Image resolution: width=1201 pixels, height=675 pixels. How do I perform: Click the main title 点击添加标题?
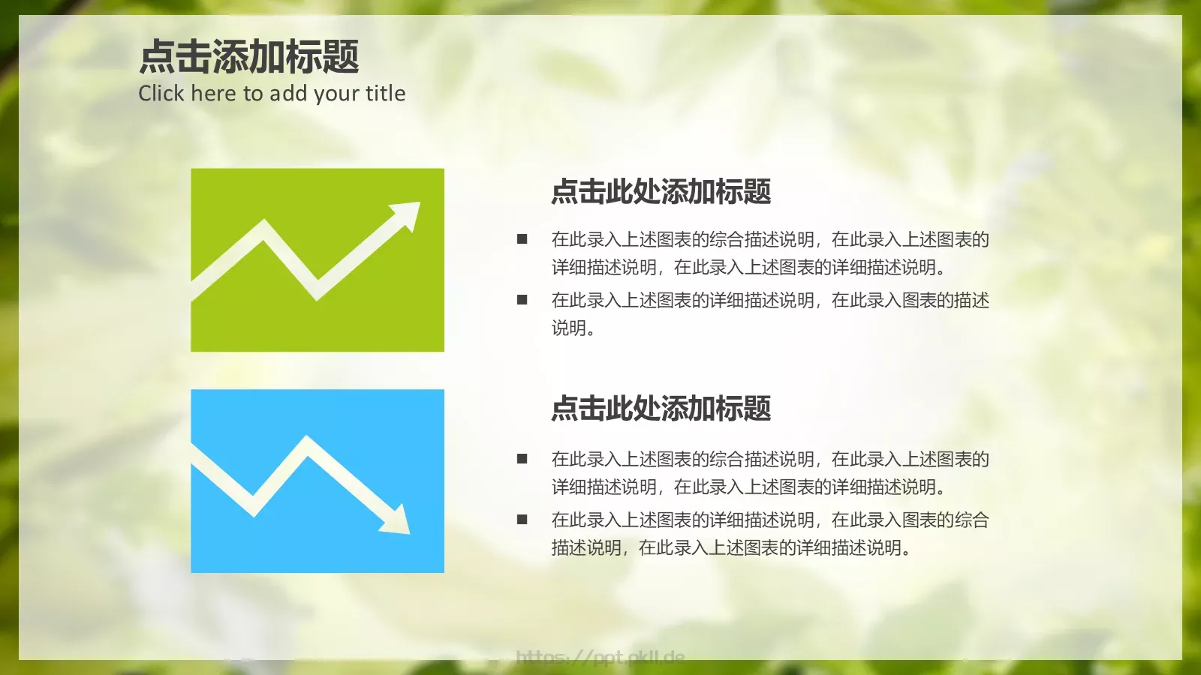coord(249,58)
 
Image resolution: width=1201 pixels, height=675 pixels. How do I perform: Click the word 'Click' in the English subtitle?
coord(161,94)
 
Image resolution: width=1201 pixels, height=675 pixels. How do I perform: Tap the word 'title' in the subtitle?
coord(385,94)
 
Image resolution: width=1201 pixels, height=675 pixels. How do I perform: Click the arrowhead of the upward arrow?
coord(408,214)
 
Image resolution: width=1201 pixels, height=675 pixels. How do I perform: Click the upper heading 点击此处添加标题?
coord(661,192)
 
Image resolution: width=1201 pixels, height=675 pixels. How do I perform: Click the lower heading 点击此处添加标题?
coord(661,409)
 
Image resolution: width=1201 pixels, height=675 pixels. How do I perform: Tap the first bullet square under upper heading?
coord(522,239)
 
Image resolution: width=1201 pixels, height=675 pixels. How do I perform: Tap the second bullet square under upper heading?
coord(522,300)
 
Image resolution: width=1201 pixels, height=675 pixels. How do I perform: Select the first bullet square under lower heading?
coord(522,459)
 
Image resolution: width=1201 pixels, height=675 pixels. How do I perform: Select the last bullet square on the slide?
coord(522,519)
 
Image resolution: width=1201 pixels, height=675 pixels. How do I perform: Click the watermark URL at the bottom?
coord(600,658)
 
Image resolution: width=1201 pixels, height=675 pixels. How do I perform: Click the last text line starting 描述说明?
coord(732,548)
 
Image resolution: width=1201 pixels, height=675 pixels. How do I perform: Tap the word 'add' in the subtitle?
coord(288,94)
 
